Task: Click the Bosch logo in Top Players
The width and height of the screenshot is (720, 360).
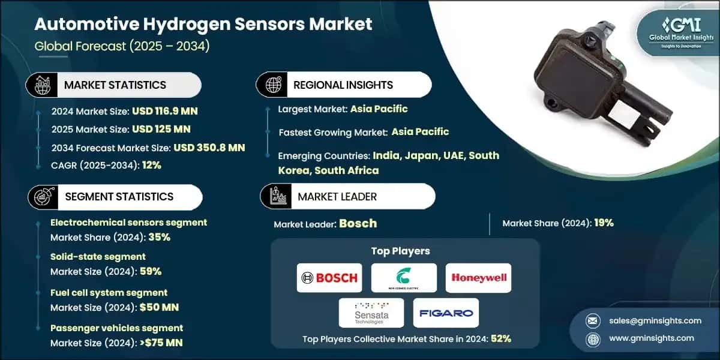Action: pos(329,278)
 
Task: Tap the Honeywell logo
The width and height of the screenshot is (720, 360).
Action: pos(478,278)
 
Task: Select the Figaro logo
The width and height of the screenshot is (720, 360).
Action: pos(446,313)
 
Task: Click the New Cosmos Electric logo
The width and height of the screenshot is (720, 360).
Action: pos(404,278)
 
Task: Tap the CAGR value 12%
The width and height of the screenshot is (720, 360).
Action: pos(152,165)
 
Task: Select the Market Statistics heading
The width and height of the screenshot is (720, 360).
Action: pos(115,85)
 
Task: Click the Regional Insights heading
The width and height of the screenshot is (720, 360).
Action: pos(343,85)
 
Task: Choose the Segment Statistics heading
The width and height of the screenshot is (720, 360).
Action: pos(119,197)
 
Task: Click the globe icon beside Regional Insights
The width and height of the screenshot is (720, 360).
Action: pos(273,85)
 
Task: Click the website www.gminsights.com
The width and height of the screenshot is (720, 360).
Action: pos(650,338)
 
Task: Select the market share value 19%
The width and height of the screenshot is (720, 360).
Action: pos(604,223)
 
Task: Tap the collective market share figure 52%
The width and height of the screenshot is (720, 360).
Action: pos(500,338)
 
